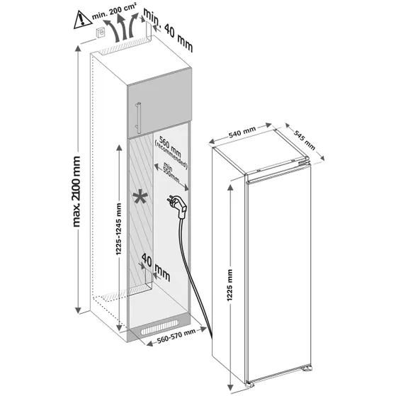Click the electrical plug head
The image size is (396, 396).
176,208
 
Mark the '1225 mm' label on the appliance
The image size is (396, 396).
232,287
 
